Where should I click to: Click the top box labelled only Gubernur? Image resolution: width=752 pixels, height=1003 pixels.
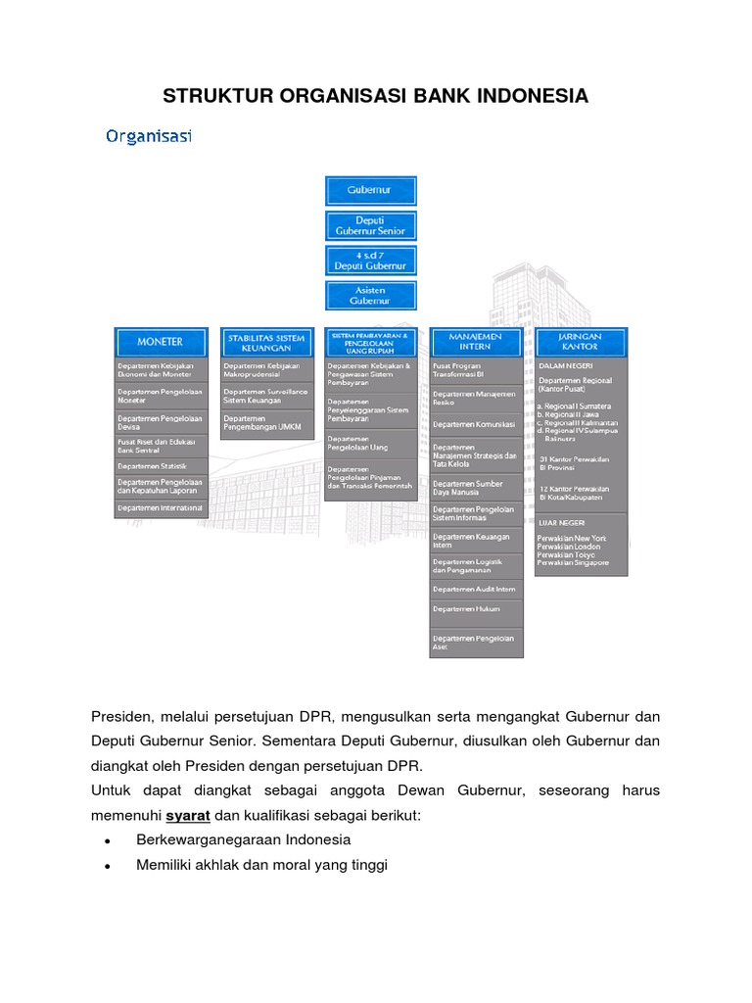point(370,191)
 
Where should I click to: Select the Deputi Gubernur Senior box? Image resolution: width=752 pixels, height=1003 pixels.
point(370,225)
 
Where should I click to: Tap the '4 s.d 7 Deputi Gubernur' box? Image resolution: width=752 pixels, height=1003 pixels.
point(370,261)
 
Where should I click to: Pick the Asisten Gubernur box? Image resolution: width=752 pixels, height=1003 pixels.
point(370,296)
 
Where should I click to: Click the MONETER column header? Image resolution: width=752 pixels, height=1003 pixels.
point(161,342)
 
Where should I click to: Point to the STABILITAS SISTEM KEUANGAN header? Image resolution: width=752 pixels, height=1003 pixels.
point(266,342)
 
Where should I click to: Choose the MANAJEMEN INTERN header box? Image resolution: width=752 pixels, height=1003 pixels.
point(476,342)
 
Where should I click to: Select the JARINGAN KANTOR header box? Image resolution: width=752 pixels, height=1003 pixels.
point(581,342)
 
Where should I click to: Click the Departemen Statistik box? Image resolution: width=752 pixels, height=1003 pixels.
point(161,466)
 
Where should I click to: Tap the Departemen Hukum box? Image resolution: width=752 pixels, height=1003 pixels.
point(476,610)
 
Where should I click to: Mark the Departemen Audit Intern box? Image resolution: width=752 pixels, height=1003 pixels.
point(476,589)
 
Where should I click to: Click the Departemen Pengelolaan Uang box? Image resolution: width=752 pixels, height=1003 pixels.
point(370,443)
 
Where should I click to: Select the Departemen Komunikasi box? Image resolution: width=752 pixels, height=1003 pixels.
point(476,424)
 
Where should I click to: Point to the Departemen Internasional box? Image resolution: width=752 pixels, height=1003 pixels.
point(161,508)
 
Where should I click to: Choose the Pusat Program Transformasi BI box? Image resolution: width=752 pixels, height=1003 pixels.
point(476,370)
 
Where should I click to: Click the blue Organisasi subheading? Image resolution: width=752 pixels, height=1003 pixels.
point(149,136)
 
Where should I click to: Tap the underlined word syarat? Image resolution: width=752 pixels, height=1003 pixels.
point(188,815)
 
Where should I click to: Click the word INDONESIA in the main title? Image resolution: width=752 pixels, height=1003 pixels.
point(530,96)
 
